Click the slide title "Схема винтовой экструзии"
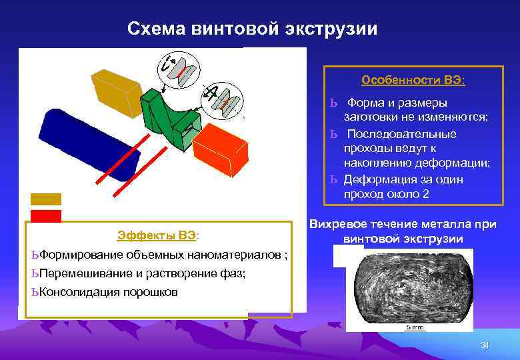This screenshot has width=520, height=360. pyautogui.click(x=252, y=29)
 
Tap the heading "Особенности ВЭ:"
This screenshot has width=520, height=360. pyautogui.click(x=413, y=80)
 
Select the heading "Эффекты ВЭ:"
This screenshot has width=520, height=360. pyautogui.click(x=158, y=235)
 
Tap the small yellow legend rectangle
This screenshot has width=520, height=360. pyautogui.click(x=45, y=199)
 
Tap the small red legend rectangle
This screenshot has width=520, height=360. pyautogui.click(x=45, y=215)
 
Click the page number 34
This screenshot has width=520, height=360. pyautogui.click(x=485, y=345)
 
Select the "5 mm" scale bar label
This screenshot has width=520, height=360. pyautogui.click(x=414, y=327)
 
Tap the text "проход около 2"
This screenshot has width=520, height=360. pyautogui.click(x=387, y=194)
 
